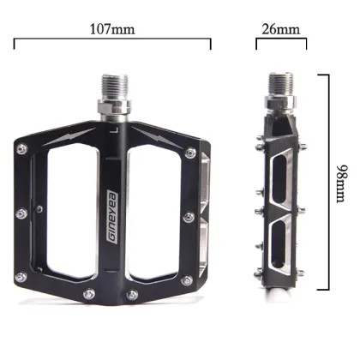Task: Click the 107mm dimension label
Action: point(112,28)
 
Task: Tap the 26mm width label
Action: point(280,28)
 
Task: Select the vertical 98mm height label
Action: point(343,183)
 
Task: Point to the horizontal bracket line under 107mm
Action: point(112,39)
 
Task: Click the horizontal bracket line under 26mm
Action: point(281,39)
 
